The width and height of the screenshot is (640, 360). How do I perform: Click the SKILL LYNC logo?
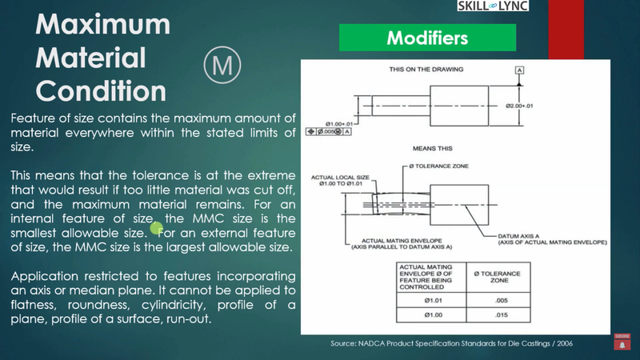(x=492, y=6)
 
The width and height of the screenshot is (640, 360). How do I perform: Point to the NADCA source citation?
(x=451, y=342)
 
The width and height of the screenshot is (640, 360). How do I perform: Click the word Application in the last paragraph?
(x=49, y=275)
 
